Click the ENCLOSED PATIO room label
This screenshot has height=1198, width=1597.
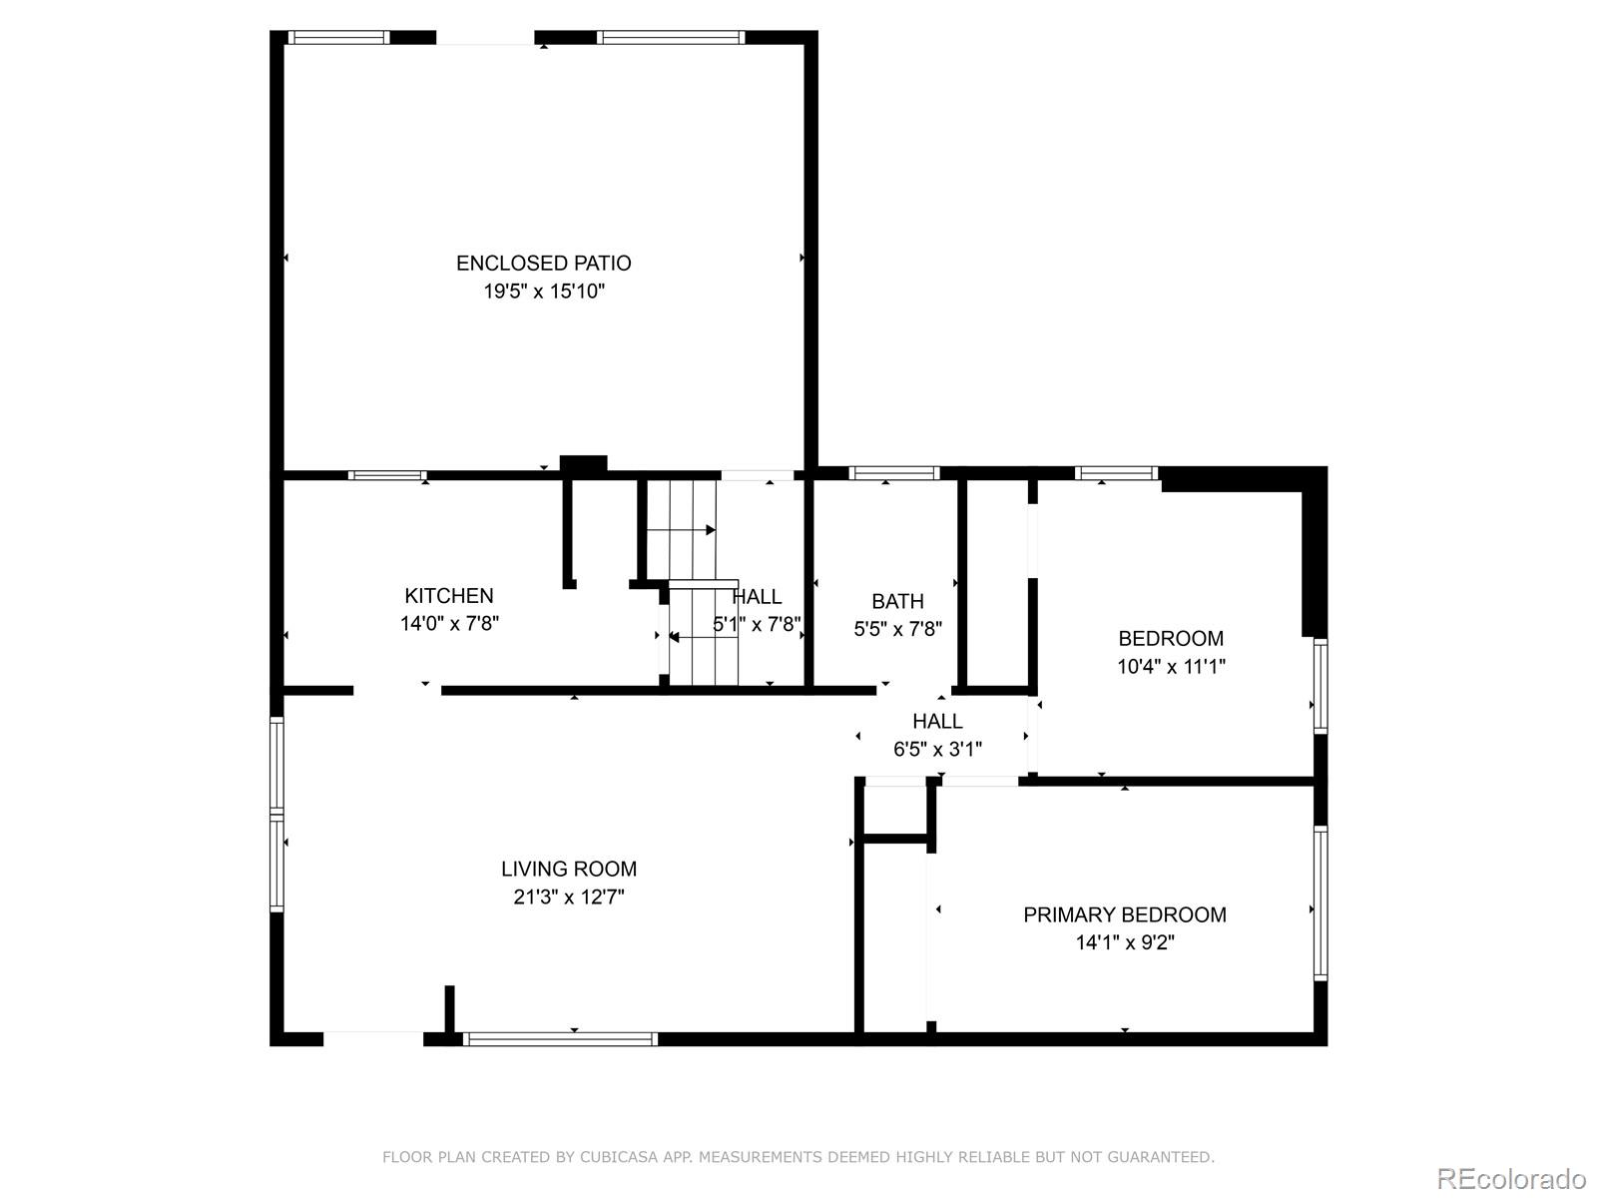click(543, 264)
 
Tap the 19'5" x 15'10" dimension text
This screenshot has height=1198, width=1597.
click(544, 292)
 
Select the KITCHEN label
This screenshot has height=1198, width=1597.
click(448, 596)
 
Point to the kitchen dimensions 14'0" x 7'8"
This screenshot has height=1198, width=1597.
click(449, 624)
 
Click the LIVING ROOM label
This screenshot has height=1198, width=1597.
click(568, 870)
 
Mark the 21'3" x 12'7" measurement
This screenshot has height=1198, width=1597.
click(568, 898)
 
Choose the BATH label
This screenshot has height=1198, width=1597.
click(897, 602)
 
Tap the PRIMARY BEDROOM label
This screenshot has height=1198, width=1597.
click(1124, 915)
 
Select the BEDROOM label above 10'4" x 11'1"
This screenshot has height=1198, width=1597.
click(1170, 639)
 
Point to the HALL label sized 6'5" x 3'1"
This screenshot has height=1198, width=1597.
click(937, 722)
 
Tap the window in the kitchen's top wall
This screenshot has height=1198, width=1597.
click(387, 475)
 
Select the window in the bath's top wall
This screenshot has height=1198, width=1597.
click(893, 473)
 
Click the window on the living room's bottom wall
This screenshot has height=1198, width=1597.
click(561, 1039)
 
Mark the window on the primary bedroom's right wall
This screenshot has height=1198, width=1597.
click(1320, 903)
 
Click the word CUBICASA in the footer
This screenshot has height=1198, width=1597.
click(622, 1157)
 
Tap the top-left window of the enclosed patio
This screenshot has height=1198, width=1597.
click(338, 38)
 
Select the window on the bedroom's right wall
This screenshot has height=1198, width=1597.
click(1320, 687)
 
